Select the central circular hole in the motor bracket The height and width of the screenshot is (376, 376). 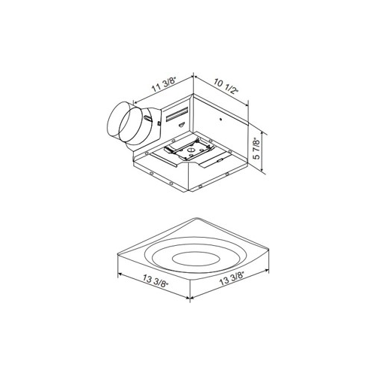[189, 151]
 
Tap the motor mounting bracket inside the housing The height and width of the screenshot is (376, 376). [185, 155]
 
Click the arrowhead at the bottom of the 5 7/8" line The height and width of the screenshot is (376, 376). [262, 173]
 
